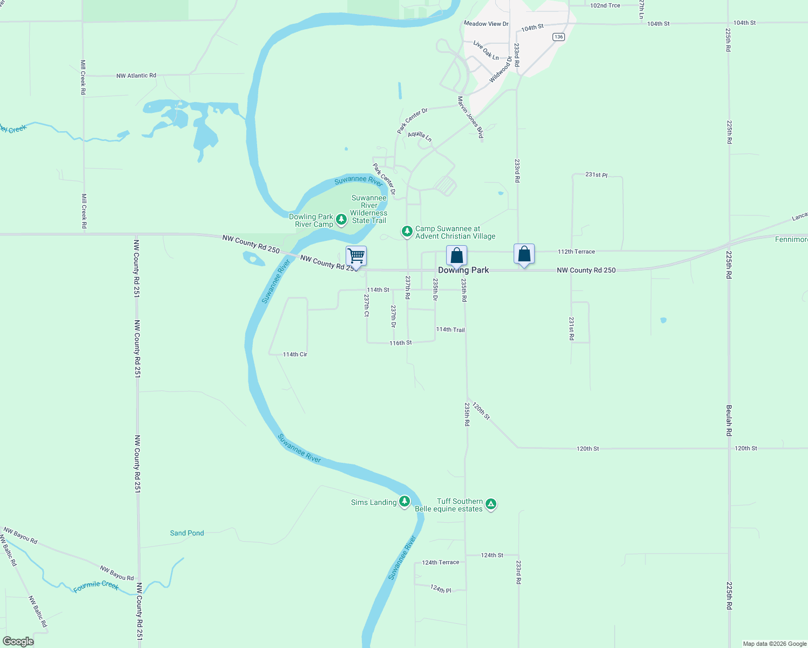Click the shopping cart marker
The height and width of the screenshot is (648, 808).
coord(356,255)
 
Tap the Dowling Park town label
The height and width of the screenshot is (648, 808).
coord(463,270)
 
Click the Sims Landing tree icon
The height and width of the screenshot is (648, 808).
coord(405,502)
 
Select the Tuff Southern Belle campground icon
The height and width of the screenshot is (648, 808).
coord(490,504)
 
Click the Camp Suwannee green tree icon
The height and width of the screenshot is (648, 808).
coord(407,232)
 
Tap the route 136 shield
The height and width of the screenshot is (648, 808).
coord(558,37)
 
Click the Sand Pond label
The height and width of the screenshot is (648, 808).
coord(187,533)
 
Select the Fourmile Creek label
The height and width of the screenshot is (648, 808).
coord(96,586)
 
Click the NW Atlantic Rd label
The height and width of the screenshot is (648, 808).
coord(136,76)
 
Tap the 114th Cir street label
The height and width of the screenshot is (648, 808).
coord(295,354)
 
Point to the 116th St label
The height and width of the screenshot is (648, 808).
coord(401,343)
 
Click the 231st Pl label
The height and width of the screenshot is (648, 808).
coord(596,175)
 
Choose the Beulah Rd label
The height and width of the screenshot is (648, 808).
coord(729,421)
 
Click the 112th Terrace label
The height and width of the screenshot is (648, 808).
coord(576,252)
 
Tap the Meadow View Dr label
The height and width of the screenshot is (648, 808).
coord(486,24)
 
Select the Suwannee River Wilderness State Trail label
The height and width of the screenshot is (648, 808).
coord(369,209)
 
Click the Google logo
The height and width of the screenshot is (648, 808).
coord(18,642)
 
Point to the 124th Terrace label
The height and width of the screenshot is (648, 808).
coord(441,562)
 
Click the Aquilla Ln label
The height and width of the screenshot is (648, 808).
coord(420,136)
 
